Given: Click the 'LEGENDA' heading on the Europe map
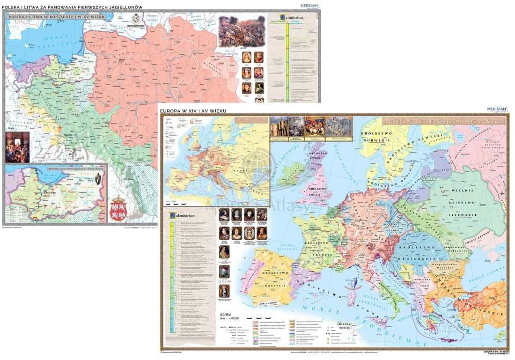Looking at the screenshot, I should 223,315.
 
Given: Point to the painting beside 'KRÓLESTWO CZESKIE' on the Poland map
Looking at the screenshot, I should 17,147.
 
